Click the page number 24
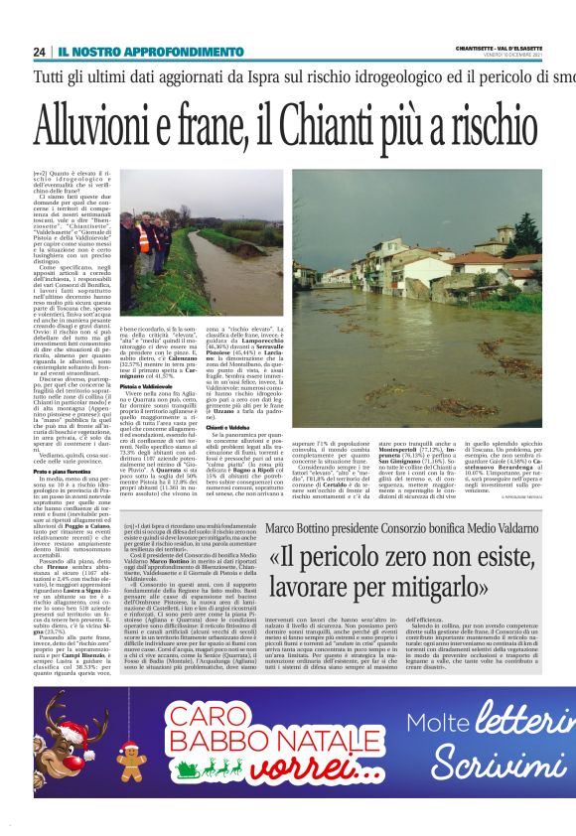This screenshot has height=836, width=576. [40, 52]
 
